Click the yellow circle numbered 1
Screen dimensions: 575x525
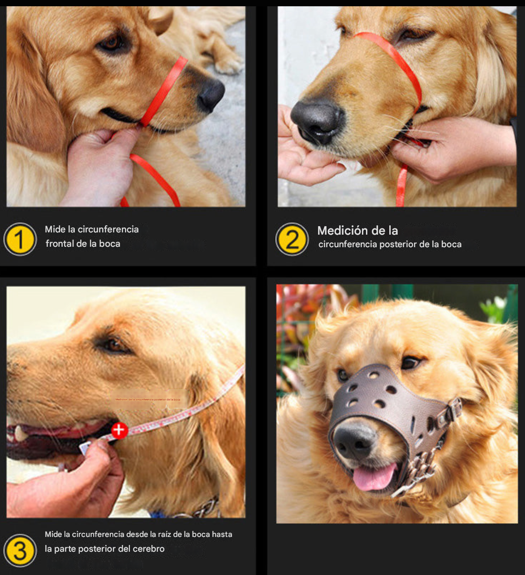point(20,239)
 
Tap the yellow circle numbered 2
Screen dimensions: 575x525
point(292,239)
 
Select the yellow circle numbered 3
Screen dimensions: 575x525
point(20,550)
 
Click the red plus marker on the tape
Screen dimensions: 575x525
point(119,430)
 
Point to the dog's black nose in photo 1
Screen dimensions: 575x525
point(211,94)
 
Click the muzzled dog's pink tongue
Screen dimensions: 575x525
point(374,477)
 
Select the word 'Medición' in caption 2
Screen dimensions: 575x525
point(340,231)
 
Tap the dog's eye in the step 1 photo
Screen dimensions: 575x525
point(112,43)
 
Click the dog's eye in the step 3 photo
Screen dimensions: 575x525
point(113,345)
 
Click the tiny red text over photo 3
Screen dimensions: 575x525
point(148,399)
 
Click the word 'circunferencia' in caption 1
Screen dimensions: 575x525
point(108,229)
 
